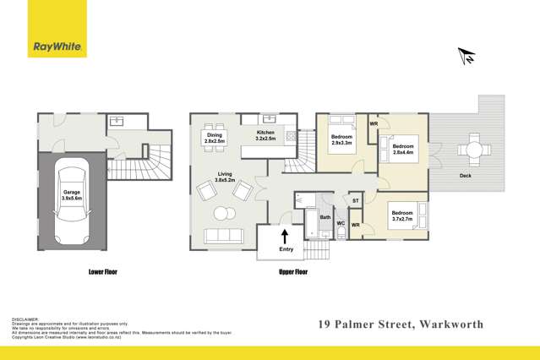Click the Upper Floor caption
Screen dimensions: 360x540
point(292,273)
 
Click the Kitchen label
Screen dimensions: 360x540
point(267,136)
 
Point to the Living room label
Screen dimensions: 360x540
point(224,177)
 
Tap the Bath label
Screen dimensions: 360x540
point(325,217)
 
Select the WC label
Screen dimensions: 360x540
point(341,224)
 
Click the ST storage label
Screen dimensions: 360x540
point(356,200)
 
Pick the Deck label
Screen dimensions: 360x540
point(466,176)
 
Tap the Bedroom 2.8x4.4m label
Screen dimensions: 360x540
point(402,148)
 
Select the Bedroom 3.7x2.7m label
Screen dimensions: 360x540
point(403,215)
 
